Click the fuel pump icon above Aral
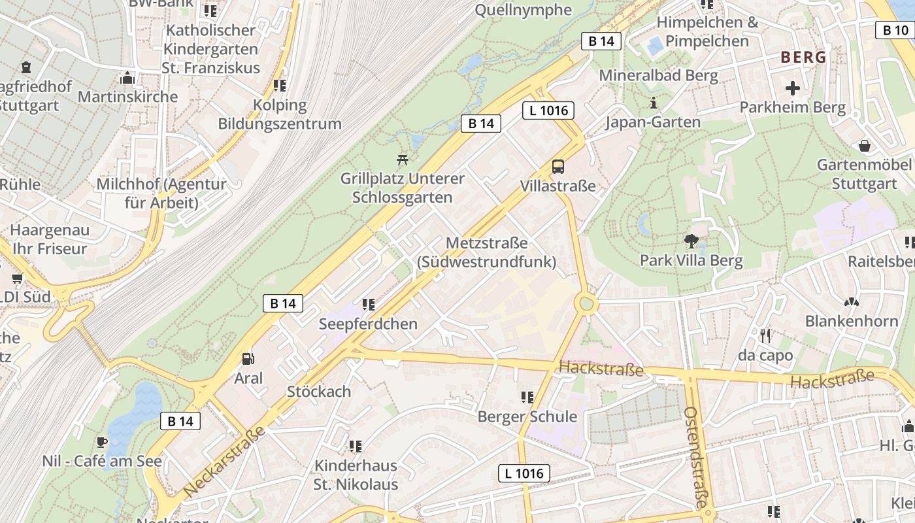pos(248,358)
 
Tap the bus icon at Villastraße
pos(558,167)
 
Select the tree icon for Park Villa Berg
pos(691,241)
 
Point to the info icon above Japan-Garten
pos(653,103)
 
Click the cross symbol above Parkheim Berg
pos(793,88)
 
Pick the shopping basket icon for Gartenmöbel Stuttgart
pos(865,145)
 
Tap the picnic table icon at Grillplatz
pos(403,159)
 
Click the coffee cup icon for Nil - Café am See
pos(102,442)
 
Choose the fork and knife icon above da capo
pos(765,336)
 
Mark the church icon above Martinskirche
pos(127,78)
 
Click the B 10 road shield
pos(895,29)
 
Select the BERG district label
pos(803,57)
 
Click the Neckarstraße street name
pos(225,460)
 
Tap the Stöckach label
pos(319,392)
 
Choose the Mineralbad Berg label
pos(658,75)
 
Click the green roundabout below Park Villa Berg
pos(586,303)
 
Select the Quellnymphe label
pos(523,10)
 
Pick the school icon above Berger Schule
pos(527,397)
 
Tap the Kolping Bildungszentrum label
pos(280,114)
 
